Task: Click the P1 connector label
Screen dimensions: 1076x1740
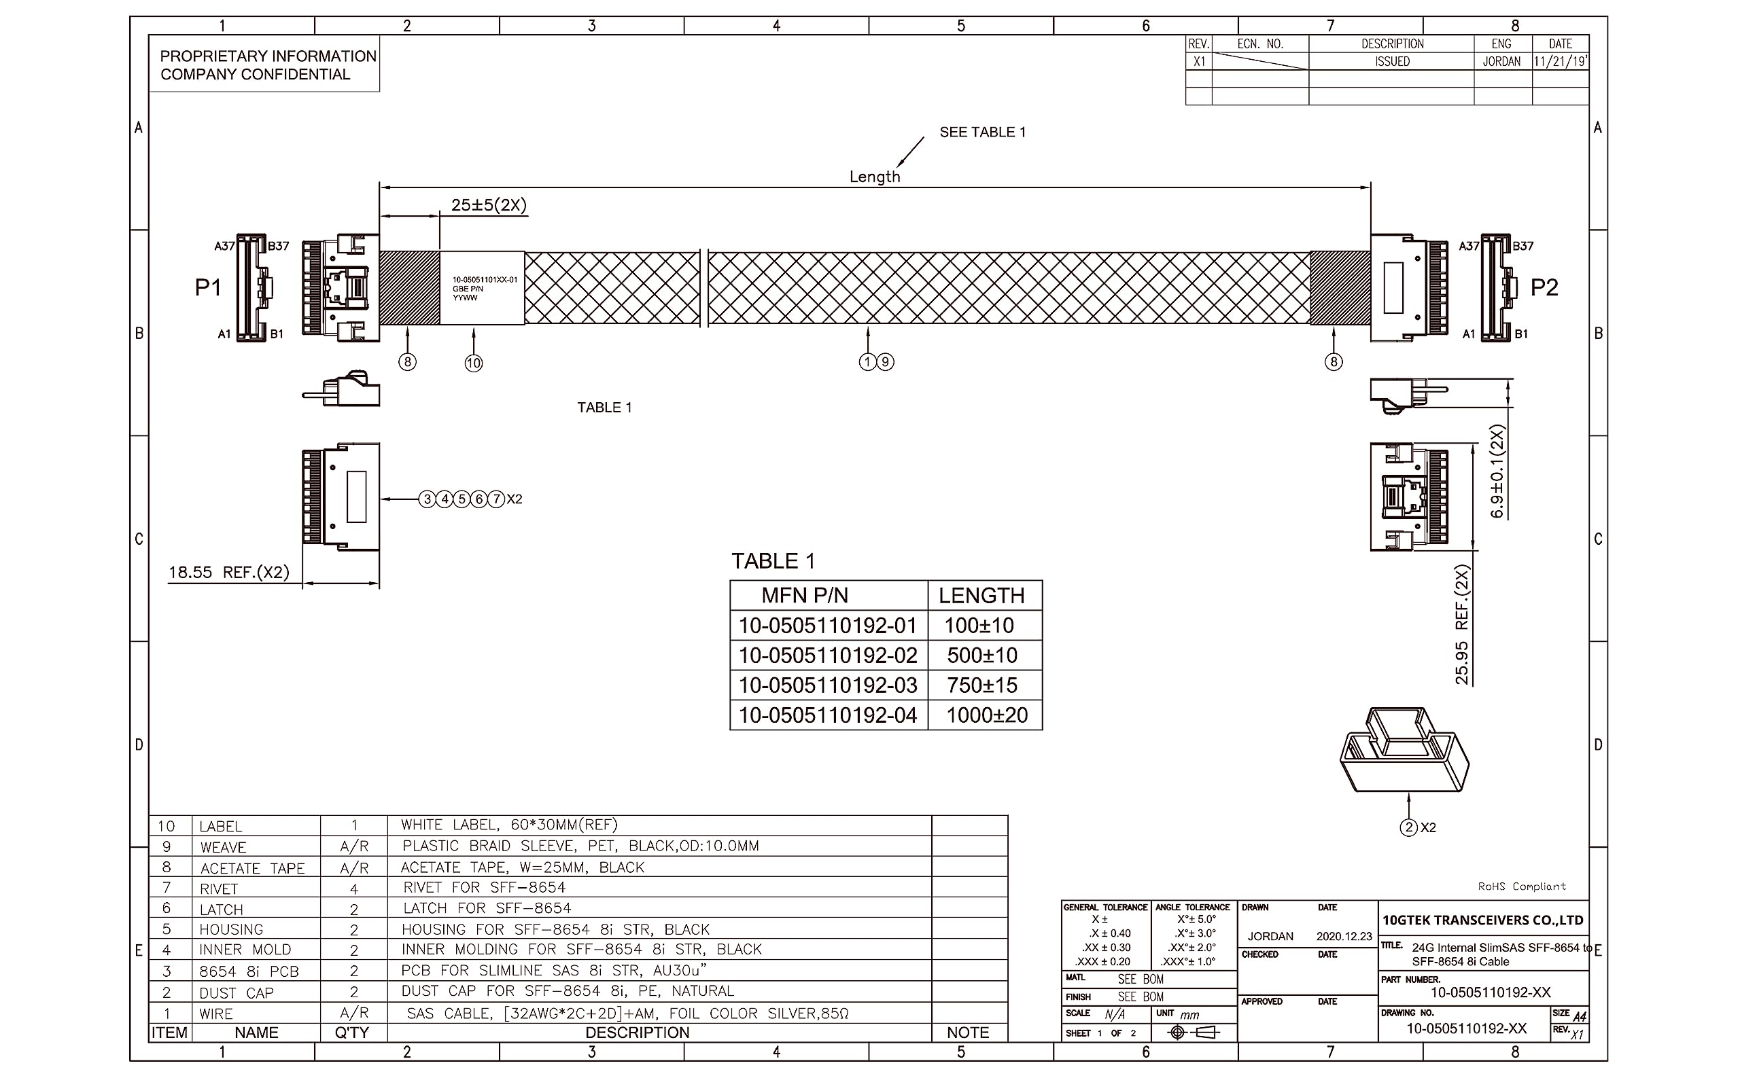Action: [208, 287]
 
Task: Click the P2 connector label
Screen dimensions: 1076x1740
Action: [1544, 287]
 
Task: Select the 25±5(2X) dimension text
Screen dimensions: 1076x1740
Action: [489, 206]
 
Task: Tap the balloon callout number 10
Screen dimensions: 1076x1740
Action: [474, 363]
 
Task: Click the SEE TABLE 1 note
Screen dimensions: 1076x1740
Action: [981, 132]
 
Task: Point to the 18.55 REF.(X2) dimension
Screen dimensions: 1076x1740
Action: [228, 572]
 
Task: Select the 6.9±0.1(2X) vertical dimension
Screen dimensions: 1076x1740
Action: [1497, 472]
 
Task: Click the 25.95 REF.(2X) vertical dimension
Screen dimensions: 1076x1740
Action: [1461, 625]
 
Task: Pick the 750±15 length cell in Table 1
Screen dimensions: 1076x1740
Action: [981, 685]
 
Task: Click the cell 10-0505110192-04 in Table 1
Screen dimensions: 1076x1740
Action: [827, 715]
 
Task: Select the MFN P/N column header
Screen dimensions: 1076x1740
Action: [805, 596]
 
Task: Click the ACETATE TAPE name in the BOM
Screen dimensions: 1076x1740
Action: [252, 868]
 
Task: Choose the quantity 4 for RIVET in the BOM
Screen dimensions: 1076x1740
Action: [354, 889]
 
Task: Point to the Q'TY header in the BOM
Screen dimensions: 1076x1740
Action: [351, 1033]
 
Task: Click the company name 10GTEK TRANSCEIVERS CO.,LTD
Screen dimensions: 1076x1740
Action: [1482, 920]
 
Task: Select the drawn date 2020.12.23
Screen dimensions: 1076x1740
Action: [1344, 937]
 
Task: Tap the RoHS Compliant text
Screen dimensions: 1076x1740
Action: [1521, 886]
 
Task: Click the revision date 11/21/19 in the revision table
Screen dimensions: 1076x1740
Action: [1559, 62]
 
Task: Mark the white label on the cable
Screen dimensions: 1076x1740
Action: [482, 288]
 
